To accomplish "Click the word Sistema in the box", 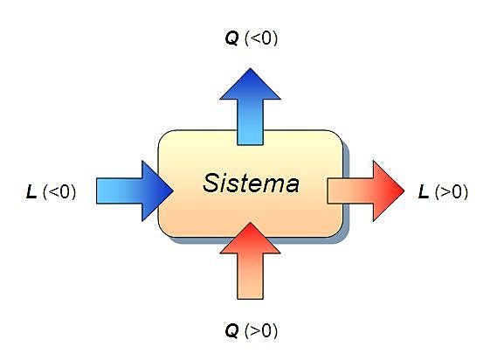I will pyautogui.click(x=251, y=183).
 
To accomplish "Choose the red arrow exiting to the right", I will pyautogui.click(x=367, y=188).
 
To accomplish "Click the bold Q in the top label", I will pyautogui.click(x=232, y=38).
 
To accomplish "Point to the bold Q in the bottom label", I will pyautogui.click(x=231, y=330).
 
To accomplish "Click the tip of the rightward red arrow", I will pyautogui.click(x=404, y=188).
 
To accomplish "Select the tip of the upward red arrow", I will pyautogui.click(x=251, y=223).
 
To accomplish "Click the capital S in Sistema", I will pyautogui.click(x=211, y=183).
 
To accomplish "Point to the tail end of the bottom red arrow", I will pyautogui.click(x=251, y=298).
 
